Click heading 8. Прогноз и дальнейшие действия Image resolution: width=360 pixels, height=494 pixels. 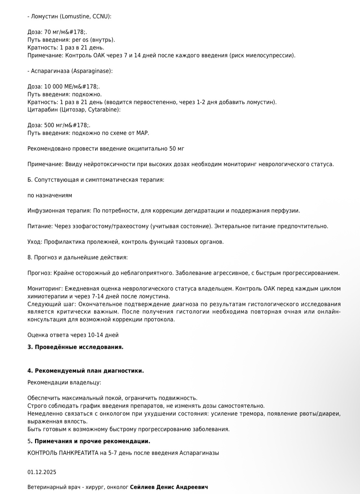(78, 258)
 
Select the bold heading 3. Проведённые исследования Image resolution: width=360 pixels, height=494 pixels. (75, 347)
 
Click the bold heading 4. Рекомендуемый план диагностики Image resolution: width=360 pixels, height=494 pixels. (86, 371)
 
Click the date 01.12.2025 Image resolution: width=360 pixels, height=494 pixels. (42, 472)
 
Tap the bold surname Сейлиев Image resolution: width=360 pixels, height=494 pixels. (142, 487)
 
